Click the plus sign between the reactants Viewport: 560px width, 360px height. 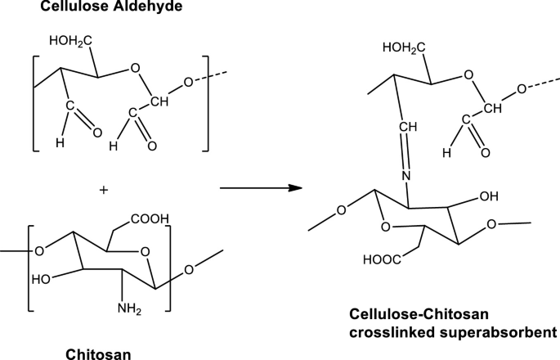[x=103, y=190]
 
